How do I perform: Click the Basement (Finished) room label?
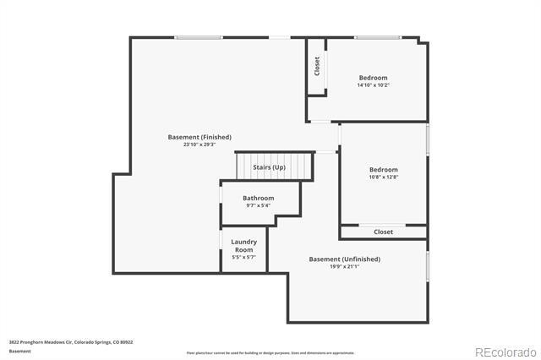click(199, 137)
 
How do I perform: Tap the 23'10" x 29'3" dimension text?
click(199, 145)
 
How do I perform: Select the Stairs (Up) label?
click(270, 167)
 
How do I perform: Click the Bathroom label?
click(259, 198)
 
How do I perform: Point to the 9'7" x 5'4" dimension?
click(259, 205)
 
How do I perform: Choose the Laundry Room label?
click(244, 246)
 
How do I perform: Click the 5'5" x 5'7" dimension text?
click(244, 258)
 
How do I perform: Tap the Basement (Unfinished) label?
click(344, 259)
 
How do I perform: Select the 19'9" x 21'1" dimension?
click(344, 266)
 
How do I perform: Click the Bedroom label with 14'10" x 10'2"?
click(373, 77)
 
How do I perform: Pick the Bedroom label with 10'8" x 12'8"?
click(383, 169)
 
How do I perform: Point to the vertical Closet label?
click(317, 65)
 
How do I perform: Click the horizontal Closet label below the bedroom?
click(383, 232)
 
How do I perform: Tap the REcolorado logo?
click(505, 352)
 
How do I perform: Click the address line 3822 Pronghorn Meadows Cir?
click(71, 342)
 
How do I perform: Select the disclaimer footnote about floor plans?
click(270, 353)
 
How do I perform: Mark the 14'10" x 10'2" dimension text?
click(373, 85)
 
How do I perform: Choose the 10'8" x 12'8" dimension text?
click(383, 177)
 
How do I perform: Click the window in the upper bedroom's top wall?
click(377, 37)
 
